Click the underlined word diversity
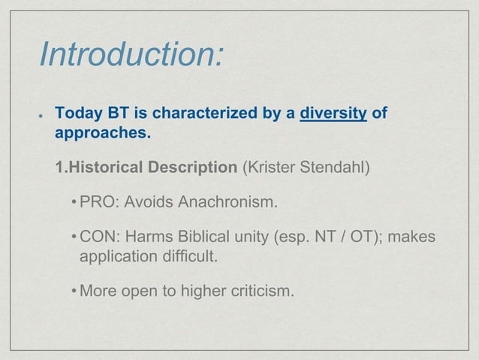pyautogui.click(x=333, y=114)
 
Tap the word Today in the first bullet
pyautogui.click(x=77, y=114)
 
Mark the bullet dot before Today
pyautogui.click(x=38, y=116)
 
